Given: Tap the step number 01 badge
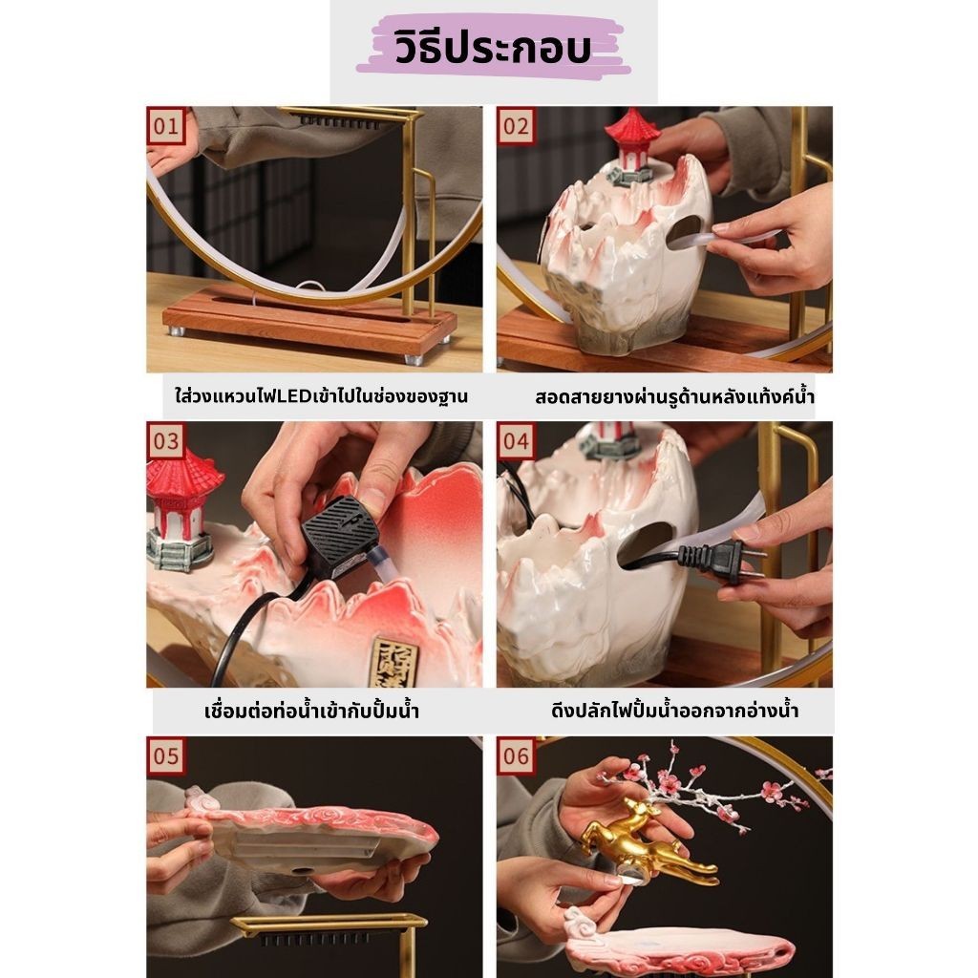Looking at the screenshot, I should tap(165, 126).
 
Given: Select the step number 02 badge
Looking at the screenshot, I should tap(516, 126).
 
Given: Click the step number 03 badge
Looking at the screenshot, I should tap(165, 441).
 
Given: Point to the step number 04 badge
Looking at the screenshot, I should tap(516, 441).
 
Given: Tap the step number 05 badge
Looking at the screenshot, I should tap(165, 756).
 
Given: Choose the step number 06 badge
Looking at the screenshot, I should tap(516, 756).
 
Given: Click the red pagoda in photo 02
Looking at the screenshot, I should tap(632, 143).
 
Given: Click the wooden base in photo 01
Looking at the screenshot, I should tap(306, 325).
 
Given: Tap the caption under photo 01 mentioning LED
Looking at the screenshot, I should tap(314, 395).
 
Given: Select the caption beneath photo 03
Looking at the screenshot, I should tap(312, 712).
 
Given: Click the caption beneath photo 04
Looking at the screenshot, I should tap(675, 712).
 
